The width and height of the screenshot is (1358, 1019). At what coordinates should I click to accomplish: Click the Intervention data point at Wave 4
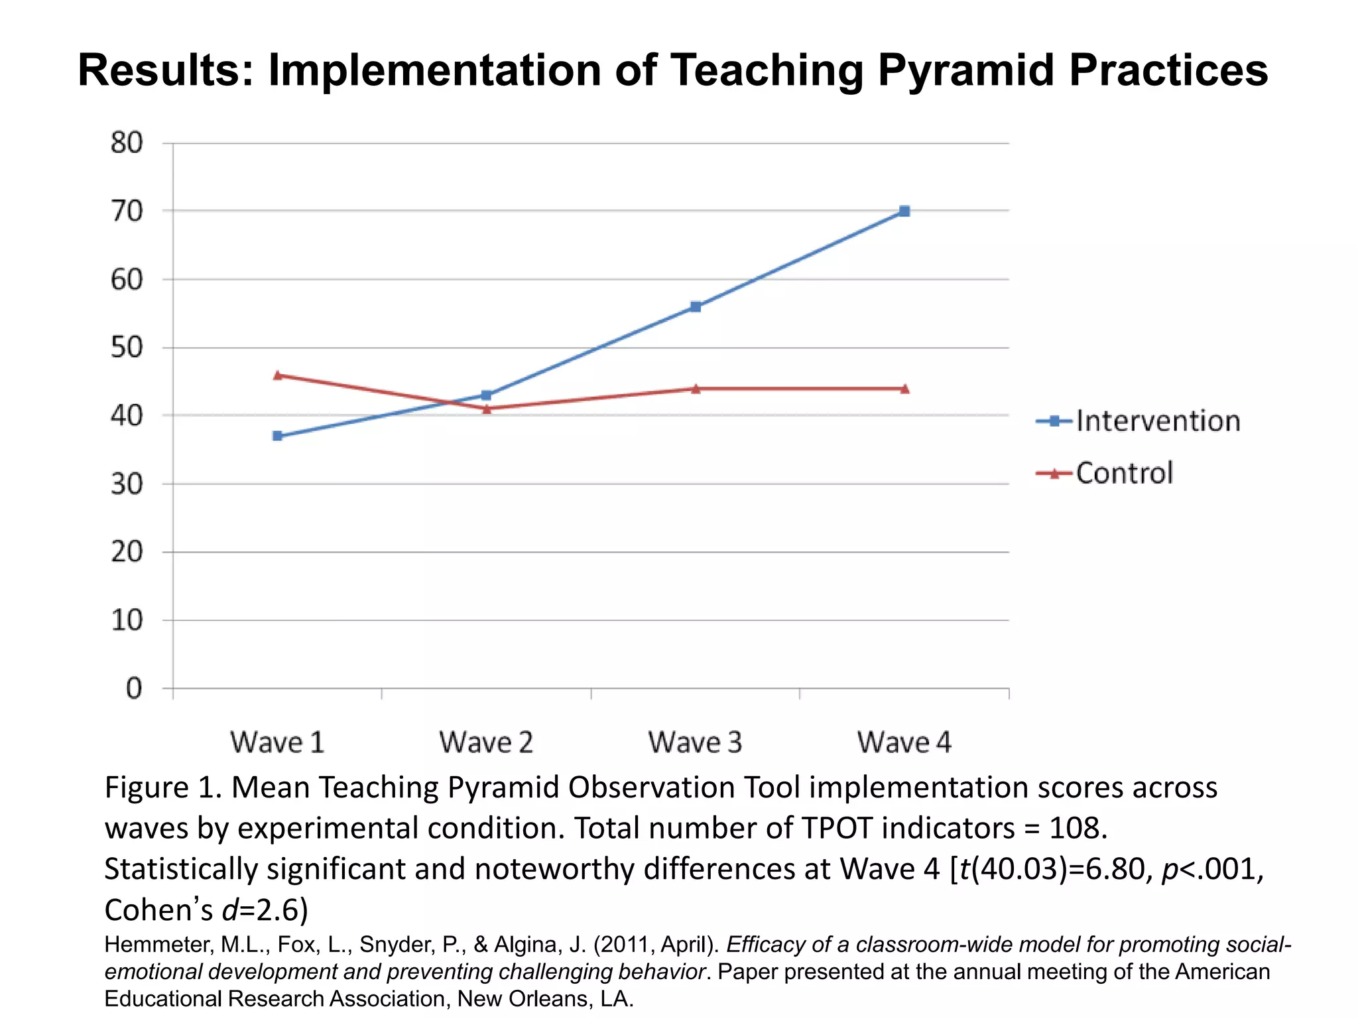904,211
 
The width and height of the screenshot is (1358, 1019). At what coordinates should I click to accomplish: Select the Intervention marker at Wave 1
277,436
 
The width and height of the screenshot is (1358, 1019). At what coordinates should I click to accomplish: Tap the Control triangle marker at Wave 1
277,375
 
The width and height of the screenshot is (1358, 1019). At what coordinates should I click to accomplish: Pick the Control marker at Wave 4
904,389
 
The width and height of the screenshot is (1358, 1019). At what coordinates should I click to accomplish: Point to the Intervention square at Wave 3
696,306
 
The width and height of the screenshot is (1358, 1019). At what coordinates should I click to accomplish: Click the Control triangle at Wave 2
487,409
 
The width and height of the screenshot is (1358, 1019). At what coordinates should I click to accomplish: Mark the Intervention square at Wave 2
486,395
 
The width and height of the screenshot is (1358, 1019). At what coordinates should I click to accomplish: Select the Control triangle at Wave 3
696,389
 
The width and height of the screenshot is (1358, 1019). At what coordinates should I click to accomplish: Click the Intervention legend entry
1138,421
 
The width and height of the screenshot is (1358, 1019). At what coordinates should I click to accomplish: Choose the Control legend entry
1105,473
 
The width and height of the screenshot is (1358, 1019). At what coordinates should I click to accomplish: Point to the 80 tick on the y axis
127,143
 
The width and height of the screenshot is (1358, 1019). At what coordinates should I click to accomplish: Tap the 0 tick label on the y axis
134,689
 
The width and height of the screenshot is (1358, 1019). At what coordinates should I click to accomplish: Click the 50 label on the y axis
127,348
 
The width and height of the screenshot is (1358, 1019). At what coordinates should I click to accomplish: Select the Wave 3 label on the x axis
695,742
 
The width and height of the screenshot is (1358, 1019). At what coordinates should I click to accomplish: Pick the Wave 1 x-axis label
277,742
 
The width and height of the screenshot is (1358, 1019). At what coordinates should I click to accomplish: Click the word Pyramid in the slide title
965,70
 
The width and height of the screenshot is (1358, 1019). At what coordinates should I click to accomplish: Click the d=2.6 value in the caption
265,910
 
